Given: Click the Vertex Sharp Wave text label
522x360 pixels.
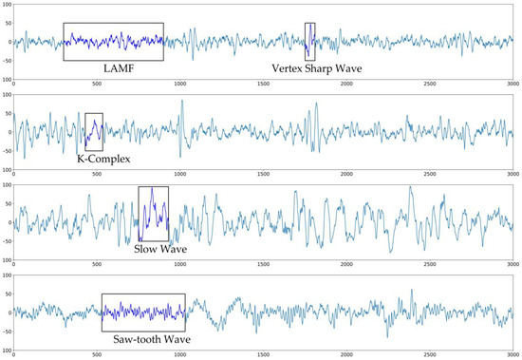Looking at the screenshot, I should (x=308, y=69).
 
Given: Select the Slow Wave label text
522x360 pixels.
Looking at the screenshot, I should (x=156, y=249).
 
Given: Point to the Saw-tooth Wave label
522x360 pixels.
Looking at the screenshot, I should (x=142, y=338).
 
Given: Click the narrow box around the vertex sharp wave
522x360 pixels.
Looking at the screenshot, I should (x=309, y=42).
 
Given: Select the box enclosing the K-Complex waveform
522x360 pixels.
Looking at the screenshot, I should (x=94, y=132).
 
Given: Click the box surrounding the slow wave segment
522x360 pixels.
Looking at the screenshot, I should (x=154, y=213).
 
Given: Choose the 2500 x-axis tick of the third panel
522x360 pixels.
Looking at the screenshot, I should (x=429, y=264).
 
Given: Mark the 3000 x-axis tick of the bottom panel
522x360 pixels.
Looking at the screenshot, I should (x=512, y=353).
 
